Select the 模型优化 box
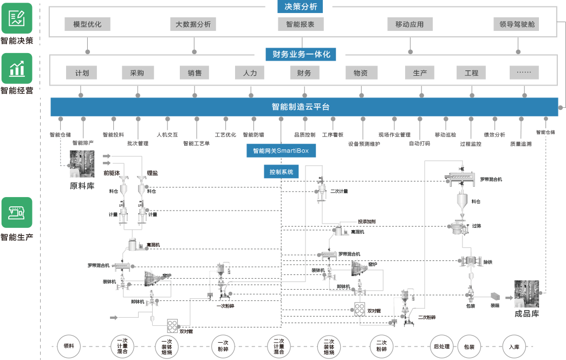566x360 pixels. pyautogui.click(x=83, y=24)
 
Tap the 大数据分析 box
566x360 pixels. pyautogui.click(x=193, y=24)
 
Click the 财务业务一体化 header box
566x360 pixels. pyautogui.click(x=301, y=54)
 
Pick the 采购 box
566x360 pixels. pyautogui.click(x=138, y=73)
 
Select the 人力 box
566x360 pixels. pyautogui.click(x=250, y=73)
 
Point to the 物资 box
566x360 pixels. pyautogui.click(x=361, y=73)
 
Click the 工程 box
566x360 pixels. pyautogui.click(x=471, y=73)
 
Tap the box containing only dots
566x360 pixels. pyautogui.click(x=524, y=73)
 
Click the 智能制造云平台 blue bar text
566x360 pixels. pyautogui.click(x=301, y=107)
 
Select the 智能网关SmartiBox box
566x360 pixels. pyautogui.click(x=281, y=150)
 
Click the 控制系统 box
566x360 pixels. pyautogui.click(x=281, y=172)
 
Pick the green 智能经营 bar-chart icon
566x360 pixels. pyautogui.click(x=17, y=68)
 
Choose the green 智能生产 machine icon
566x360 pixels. pyautogui.click(x=17, y=212)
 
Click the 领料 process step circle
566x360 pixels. pyautogui.click(x=69, y=345)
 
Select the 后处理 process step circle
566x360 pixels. pyautogui.click(x=441, y=345)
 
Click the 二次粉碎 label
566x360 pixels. pyautogui.click(x=427, y=317)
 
